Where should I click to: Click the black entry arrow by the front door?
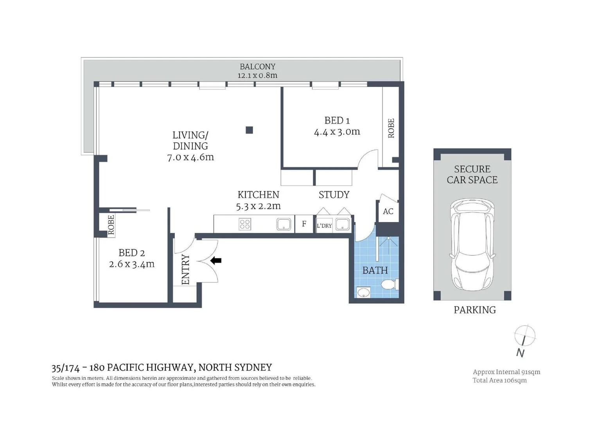[x=216, y=261]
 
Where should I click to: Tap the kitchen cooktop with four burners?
[x=245, y=224]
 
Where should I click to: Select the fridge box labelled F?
[x=304, y=224]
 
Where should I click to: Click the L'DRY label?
[x=324, y=226]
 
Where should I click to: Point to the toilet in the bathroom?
[x=389, y=284]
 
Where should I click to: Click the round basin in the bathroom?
[x=364, y=292]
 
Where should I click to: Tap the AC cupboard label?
[x=388, y=211]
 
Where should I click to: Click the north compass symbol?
[x=524, y=336]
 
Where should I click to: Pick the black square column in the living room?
[x=249, y=130]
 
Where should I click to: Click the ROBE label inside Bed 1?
[x=391, y=128]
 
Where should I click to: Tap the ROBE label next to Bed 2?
[x=111, y=225]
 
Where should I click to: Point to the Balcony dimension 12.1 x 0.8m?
[x=257, y=75]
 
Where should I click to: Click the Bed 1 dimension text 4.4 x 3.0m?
[x=337, y=132]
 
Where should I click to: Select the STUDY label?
[x=334, y=195]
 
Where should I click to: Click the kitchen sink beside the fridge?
[x=284, y=224]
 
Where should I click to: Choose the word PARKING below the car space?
[x=474, y=310]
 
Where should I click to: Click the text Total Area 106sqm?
[x=499, y=380]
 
